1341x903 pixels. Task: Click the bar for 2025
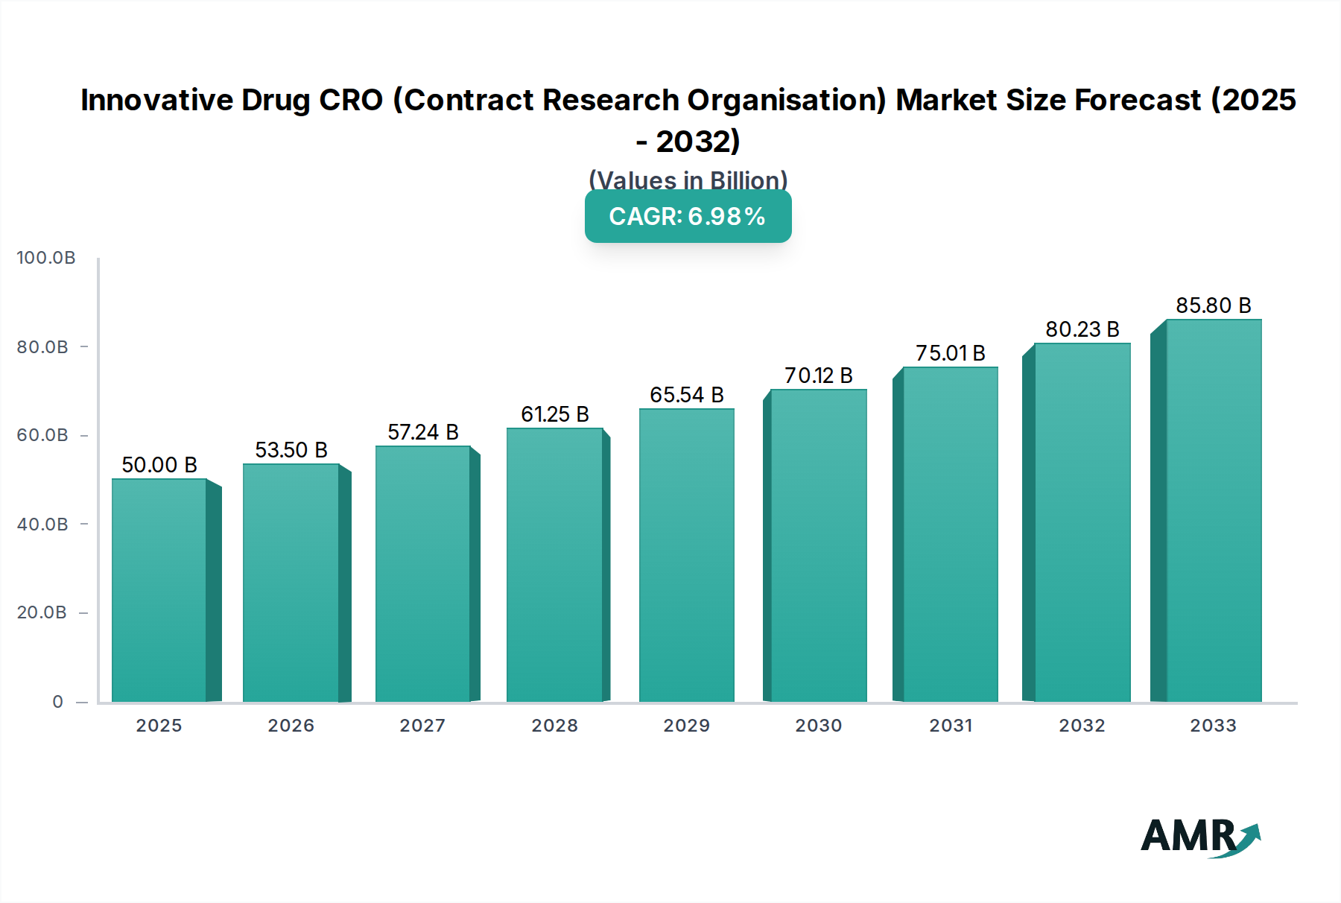(159, 590)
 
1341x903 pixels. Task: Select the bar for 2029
(686, 555)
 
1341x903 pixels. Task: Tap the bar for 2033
(1213, 510)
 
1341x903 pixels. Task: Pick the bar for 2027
(422, 574)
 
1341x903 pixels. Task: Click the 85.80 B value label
(1213, 305)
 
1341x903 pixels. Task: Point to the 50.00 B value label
(159, 465)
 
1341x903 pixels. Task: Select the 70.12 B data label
(818, 376)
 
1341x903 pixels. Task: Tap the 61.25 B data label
(554, 414)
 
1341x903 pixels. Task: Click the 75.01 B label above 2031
(950, 353)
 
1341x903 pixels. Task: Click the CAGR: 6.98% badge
(688, 216)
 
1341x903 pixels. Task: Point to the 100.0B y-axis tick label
(46, 258)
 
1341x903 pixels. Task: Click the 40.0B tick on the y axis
(42, 525)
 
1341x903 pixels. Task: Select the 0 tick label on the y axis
(58, 702)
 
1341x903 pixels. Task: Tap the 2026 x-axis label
(291, 726)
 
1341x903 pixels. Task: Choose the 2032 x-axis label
(1082, 726)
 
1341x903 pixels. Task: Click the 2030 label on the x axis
(818, 726)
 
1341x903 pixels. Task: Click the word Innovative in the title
(156, 100)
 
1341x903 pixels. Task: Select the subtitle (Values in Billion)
(688, 180)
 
